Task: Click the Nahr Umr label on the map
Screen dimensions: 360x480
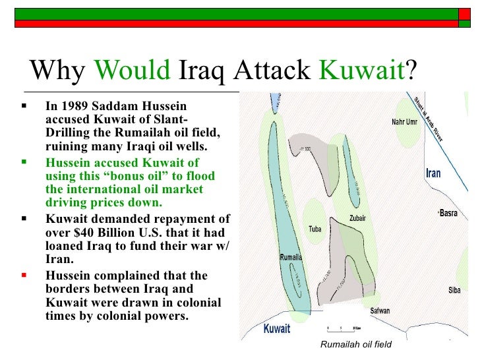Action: [405, 121]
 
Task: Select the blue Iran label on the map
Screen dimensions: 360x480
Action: [433, 173]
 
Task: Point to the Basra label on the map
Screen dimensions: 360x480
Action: [449, 214]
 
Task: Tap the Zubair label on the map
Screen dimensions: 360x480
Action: [358, 218]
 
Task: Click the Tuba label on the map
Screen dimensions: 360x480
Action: [315, 229]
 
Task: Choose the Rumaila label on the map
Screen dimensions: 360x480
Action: [290, 256]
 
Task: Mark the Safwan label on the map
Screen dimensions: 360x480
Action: [379, 311]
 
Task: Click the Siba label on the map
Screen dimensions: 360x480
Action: [454, 289]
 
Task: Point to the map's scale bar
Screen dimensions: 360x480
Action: [343, 328]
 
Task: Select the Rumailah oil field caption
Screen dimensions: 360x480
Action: [355, 344]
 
